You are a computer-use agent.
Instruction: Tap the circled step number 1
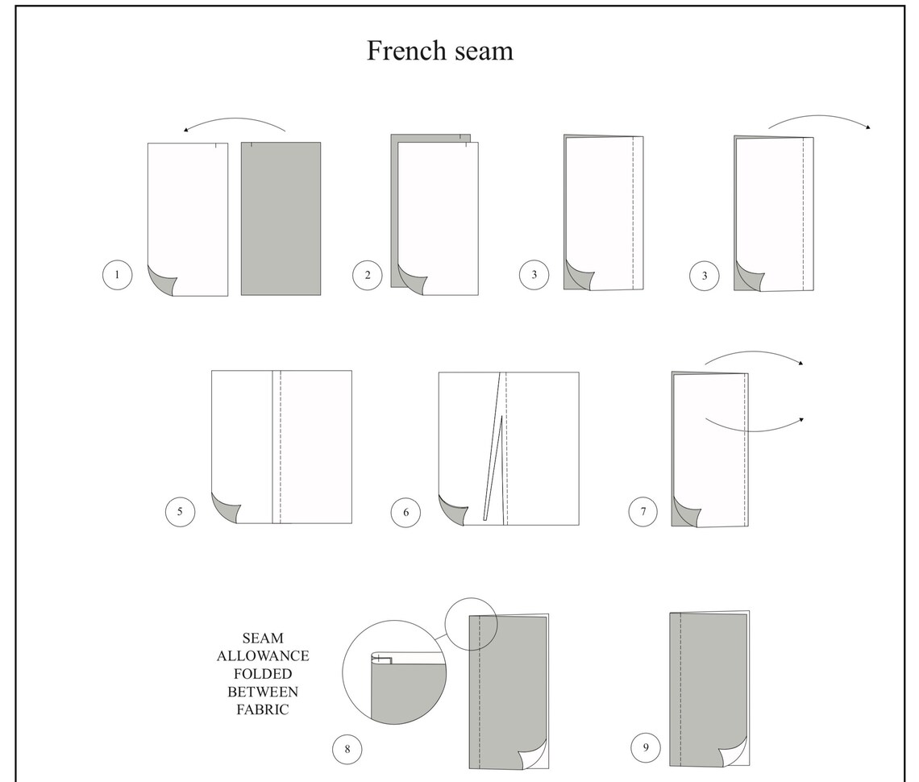(x=117, y=275)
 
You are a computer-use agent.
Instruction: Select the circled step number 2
(x=368, y=275)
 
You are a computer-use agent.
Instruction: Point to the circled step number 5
(x=180, y=512)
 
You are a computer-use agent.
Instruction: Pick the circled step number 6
(x=405, y=513)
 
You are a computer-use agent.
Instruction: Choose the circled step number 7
(x=643, y=512)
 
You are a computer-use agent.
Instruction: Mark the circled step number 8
(x=347, y=749)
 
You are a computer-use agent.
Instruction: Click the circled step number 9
(x=646, y=747)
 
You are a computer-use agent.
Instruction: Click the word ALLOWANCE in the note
(x=263, y=656)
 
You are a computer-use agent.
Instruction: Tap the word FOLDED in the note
(x=263, y=674)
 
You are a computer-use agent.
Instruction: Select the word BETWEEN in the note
(x=263, y=692)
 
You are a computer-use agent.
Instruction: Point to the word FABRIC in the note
(x=263, y=710)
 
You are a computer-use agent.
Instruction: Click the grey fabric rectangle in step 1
(x=281, y=218)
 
